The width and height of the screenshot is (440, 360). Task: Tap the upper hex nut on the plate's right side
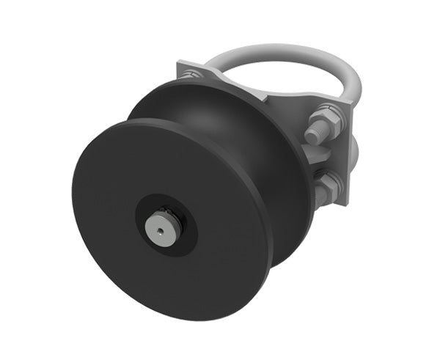(326, 120)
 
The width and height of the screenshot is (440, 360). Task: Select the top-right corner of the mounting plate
(353, 108)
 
